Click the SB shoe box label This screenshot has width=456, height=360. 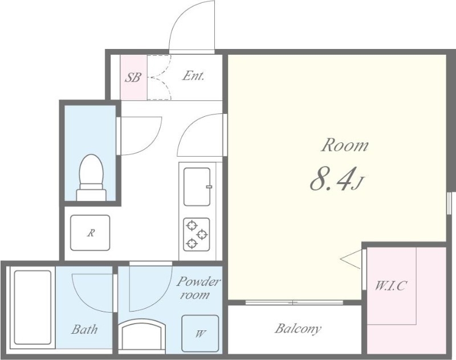click(x=133, y=77)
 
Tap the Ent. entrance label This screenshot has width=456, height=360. click(x=193, y=76)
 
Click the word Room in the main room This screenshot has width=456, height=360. click(x=345, y=145)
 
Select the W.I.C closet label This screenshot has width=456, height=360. click(x=390, y=286)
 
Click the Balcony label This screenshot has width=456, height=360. click(x=298, y=329)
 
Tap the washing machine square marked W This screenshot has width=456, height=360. click(x=200, y=334)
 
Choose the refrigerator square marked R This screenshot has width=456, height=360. click(x=91, y=233)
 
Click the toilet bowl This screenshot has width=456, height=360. click(x=92, y=177)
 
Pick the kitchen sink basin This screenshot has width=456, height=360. click(x=197, y=186)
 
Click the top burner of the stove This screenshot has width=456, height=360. click(x=192, y=225)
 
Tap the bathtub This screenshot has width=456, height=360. click(x=32, y=308)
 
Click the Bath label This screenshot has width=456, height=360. click(x=84, y=329)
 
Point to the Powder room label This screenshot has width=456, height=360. click(x=198, y=288)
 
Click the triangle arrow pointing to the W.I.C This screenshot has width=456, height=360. click(x=351, y=259)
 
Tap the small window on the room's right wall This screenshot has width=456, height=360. click(x=449, y=203)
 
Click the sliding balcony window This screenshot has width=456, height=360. click(x=294, y=302)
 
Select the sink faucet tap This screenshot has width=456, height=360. click(x=209, y=186)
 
